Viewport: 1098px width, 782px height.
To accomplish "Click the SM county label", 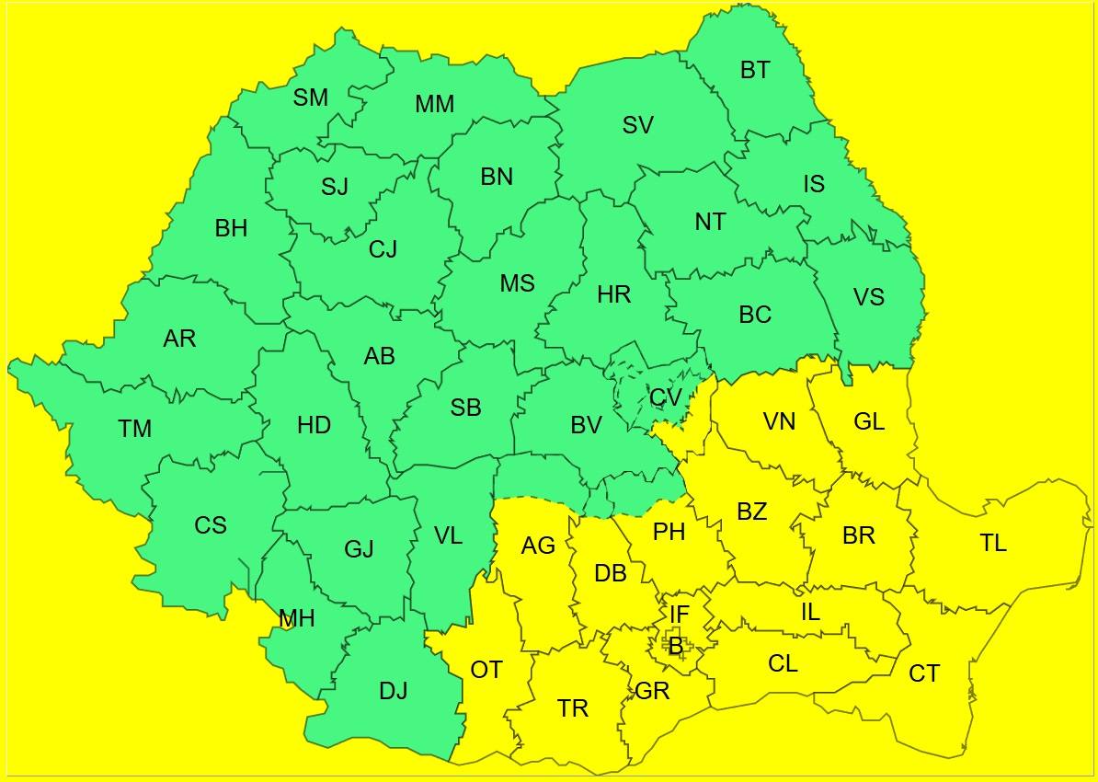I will (311, 98).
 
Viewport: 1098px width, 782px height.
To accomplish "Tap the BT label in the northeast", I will (755, 70).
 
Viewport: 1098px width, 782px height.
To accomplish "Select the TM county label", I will (134, 429).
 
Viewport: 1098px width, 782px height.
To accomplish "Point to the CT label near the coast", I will (924, 674).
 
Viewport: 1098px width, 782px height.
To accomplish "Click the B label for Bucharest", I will (676, 647).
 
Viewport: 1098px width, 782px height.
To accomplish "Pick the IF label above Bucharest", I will (679, 614).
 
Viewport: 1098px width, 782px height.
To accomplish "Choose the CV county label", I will (665, 397).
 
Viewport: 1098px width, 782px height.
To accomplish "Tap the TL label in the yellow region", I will (993, 543).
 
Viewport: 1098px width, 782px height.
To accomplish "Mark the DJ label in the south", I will (393, 690).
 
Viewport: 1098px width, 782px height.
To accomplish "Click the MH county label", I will (296, 619).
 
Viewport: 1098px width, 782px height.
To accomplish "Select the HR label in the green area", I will (614, 294).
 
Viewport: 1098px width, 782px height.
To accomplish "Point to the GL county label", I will (869, 421).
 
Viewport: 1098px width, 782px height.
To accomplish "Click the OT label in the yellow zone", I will (486, 671).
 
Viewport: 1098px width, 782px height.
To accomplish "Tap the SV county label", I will (637, 125).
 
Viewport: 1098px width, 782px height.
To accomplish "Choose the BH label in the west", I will (231, 228).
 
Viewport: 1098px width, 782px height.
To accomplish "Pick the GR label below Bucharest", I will (652, 691).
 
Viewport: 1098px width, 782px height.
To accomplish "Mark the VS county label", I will (869, 296).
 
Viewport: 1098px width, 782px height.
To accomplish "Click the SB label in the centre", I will (466, 408).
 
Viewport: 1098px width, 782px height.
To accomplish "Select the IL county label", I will (809, 612).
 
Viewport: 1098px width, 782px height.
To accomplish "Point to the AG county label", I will (538, 546).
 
